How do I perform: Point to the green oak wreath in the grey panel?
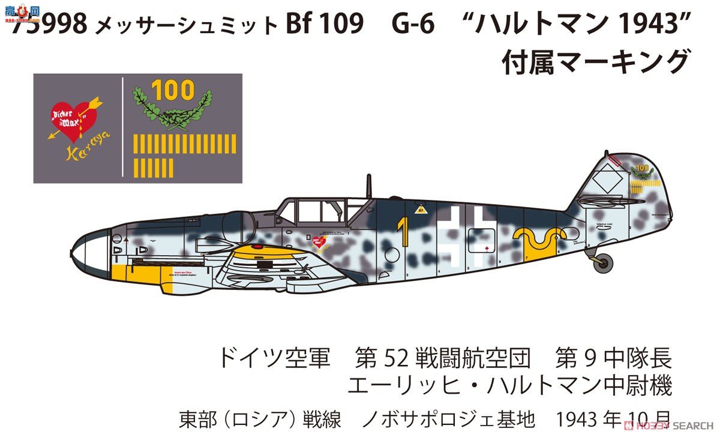tap(172, 111)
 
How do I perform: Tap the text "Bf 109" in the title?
tap(327, 26)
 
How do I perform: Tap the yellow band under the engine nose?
tap(141, 277)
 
